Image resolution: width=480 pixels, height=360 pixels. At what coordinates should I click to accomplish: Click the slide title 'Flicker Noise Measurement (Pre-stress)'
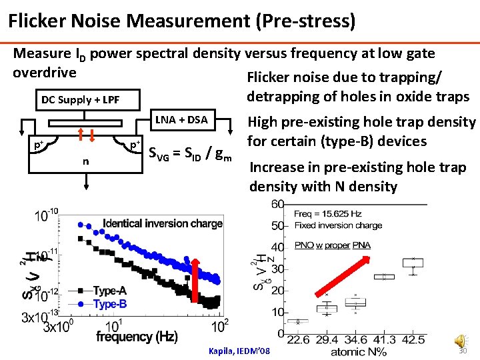pos(181,21)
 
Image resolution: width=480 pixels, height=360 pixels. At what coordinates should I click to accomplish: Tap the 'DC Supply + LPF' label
pos(81,100)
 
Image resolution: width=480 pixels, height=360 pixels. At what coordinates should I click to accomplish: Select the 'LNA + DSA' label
pos(181,120)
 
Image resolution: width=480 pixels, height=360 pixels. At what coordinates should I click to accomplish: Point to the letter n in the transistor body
pos(85,161)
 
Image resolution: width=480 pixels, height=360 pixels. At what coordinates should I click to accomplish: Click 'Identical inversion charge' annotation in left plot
pos(163,223)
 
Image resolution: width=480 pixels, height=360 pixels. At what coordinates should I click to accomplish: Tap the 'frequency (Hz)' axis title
pos(136,337)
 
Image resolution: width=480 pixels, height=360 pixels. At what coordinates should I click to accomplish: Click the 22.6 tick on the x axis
pos(298,340)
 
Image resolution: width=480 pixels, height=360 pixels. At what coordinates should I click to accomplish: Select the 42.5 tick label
pos(413,340)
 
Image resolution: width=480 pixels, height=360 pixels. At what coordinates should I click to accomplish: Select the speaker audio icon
pos(461,341)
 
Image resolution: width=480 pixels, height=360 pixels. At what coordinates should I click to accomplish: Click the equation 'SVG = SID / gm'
pos(189,155)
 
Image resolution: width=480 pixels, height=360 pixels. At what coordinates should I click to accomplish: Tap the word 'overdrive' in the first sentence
pos(45,71)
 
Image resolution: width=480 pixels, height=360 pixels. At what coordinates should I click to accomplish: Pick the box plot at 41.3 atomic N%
pos(384,276)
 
